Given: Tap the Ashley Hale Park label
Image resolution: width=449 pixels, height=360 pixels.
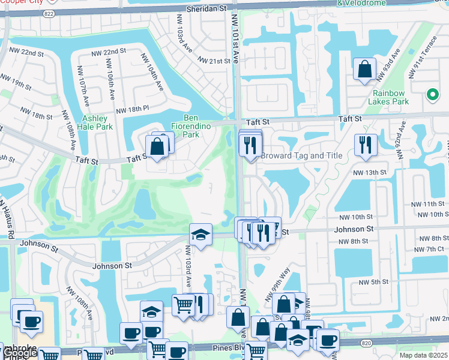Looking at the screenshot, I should coord(97,122).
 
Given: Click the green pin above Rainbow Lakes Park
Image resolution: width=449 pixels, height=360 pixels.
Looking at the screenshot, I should coord(432,94).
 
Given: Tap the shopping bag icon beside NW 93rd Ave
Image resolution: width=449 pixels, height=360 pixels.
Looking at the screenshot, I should coord(364,70).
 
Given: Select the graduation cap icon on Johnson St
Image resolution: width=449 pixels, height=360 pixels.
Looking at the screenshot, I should coord(200,235).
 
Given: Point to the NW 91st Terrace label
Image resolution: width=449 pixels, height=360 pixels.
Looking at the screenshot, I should coord(422,60).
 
